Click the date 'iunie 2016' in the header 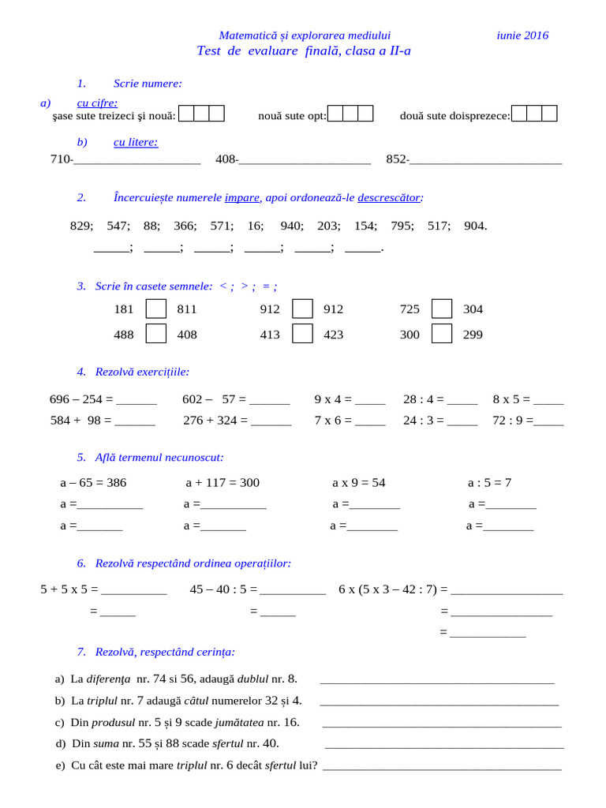tap(522, 36)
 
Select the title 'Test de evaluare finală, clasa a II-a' tap(304, 51)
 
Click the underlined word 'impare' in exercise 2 tap(242, 197)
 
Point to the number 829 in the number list tap(80, 226)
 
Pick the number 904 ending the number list tap(475, 226)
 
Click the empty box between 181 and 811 tap(156, 309)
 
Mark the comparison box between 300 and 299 tap(442, 335)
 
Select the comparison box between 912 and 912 tap(302, 309)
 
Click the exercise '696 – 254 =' tap(82, 399)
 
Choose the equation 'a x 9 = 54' tap(359, 483)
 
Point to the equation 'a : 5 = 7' tap(490, 483)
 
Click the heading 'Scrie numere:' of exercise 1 tap(148, 84)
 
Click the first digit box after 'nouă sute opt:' tap(335, 114)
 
